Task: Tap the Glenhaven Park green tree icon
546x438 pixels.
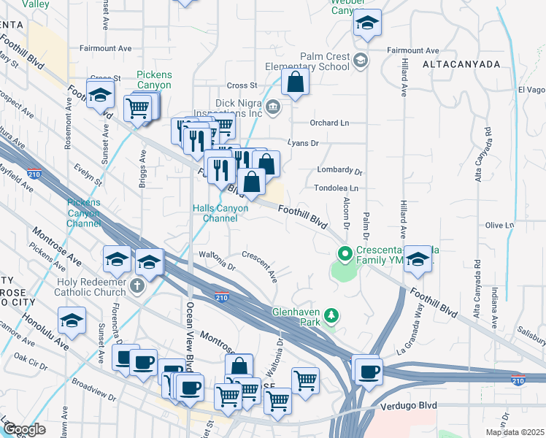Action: (x=332, y=315)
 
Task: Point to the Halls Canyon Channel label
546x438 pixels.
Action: (x=220, y=213)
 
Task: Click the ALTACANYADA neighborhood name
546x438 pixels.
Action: (x=461, y=64)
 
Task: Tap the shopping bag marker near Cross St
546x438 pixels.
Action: (x=295, y=84)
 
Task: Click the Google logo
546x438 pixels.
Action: (x=24, y=429)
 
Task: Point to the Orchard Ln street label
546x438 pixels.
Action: (x=329, y=123)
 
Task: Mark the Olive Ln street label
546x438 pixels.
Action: (x=500, y=225)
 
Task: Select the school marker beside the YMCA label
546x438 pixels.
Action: (x=418, y=260)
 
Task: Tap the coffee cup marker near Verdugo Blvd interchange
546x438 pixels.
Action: (x=367, y=370)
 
